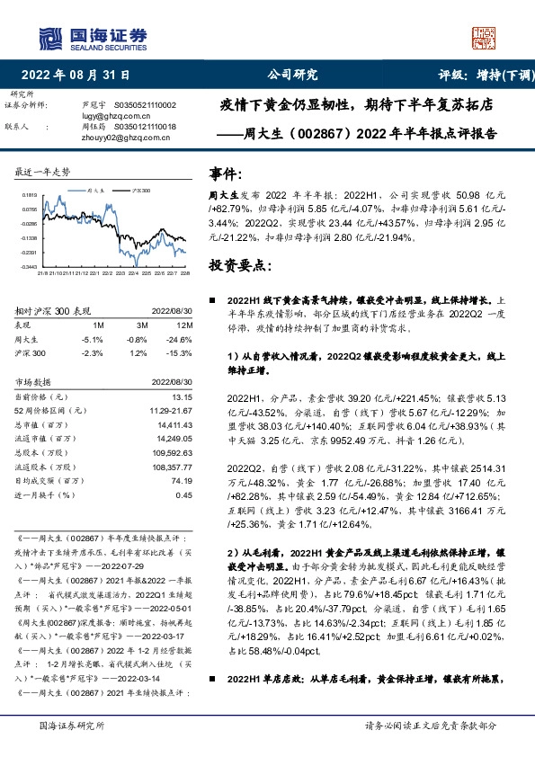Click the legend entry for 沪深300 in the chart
(139, 191)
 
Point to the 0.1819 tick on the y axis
(30, 194)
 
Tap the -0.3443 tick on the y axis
(30, 267)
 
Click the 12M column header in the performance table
(185, 324)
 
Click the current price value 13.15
(183, 396)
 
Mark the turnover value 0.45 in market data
(184, 494)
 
